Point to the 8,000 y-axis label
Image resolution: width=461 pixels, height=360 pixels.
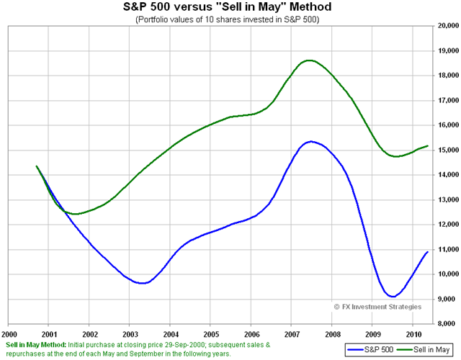tap(447, 324)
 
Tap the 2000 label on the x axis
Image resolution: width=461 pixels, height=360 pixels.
tap(9, 334)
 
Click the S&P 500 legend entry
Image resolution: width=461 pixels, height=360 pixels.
tap(368, 351)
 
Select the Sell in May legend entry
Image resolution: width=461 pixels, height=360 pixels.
tap(424, 351)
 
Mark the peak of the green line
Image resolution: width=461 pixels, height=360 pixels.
tap(310, 60)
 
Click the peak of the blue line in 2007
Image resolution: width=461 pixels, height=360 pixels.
tap(310, 141)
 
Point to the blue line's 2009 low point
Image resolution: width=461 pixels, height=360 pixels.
tap(391, 297)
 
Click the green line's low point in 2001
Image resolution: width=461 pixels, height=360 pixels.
tap(73, 214)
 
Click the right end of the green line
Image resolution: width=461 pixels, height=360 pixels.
tap(427, 145)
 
